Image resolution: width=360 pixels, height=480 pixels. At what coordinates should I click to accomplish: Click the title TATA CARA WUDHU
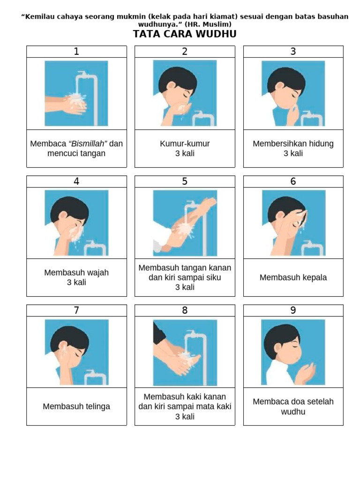(x=185, y=34)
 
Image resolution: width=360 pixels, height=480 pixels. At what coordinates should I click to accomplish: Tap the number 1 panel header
(x=76, y=52)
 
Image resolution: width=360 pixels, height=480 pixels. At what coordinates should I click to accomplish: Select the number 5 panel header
(x=185, y=181)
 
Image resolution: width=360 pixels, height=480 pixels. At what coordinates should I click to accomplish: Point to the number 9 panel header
(x=293, y=310)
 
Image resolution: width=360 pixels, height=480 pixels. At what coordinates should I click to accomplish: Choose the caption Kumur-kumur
(x=185, y=143)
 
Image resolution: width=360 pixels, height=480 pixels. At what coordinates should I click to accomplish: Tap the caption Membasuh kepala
(x=293, y=277)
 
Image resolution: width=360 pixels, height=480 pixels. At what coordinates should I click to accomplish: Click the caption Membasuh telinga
(x=76, y=406)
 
